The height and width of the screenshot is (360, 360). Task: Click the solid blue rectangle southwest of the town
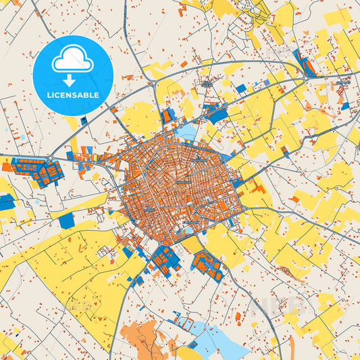(x=66, y=220)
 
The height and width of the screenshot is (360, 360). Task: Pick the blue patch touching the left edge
(x=6, y=201)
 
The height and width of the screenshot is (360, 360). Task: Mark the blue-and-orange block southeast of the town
(x=207, y=265)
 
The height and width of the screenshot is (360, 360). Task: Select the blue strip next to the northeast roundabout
(x=303, y=63)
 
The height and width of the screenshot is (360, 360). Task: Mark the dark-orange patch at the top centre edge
(x=182, y=9)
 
